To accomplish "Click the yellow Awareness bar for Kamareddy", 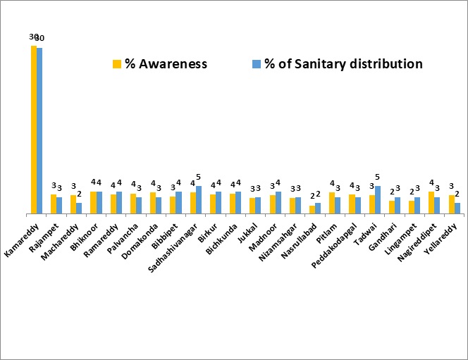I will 33,130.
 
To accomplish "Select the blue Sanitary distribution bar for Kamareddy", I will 39,130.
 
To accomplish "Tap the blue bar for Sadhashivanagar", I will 199,199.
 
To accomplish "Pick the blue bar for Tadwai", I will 378,199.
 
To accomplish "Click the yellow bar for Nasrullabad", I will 312,209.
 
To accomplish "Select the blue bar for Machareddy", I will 79,208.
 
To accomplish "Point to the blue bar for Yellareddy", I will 457,208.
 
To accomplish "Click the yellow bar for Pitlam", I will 332,203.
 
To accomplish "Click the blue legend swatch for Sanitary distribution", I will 257,64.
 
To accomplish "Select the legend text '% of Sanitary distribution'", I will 343,64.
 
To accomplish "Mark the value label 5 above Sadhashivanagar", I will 199,177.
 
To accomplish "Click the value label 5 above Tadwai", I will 378,177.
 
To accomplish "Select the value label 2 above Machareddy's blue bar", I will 80,194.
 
